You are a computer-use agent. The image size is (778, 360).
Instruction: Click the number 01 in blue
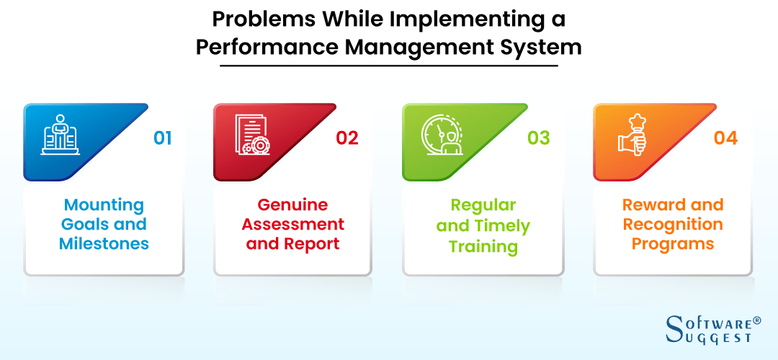point(163,138)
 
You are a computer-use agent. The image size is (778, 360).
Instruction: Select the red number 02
point(346,138)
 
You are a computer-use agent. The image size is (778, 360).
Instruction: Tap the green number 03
point(538,138)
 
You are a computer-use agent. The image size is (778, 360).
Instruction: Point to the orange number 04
point(725,138)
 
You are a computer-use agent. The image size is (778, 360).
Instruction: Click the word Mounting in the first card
point(104,205)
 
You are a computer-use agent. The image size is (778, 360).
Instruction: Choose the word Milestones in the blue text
point(104,243)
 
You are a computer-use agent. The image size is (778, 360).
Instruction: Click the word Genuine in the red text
point(292,205)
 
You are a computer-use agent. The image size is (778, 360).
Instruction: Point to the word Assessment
point(292,225)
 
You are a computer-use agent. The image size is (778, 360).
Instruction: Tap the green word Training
point(483,246)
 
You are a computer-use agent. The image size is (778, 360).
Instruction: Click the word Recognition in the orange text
point(673,225)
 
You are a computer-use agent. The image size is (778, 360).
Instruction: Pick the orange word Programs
point(673,243)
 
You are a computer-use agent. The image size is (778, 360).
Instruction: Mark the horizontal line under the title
point(389,66)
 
